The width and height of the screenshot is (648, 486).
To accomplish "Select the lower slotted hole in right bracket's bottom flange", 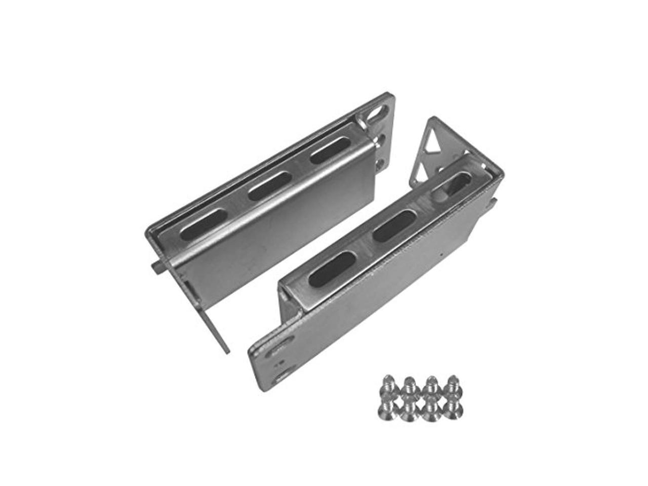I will coord(283,375).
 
